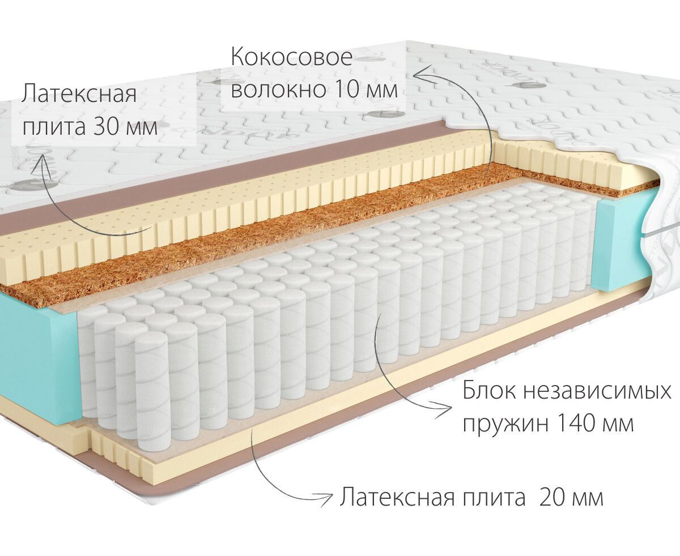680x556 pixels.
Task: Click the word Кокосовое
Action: click(291, 58)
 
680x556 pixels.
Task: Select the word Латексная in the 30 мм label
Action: click(79, 94)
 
